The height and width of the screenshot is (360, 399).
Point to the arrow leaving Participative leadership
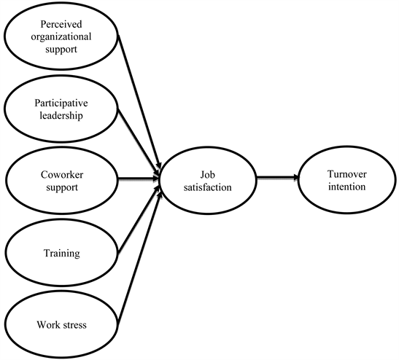pos(139,138)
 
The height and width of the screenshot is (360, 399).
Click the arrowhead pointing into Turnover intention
pos(293,177)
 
